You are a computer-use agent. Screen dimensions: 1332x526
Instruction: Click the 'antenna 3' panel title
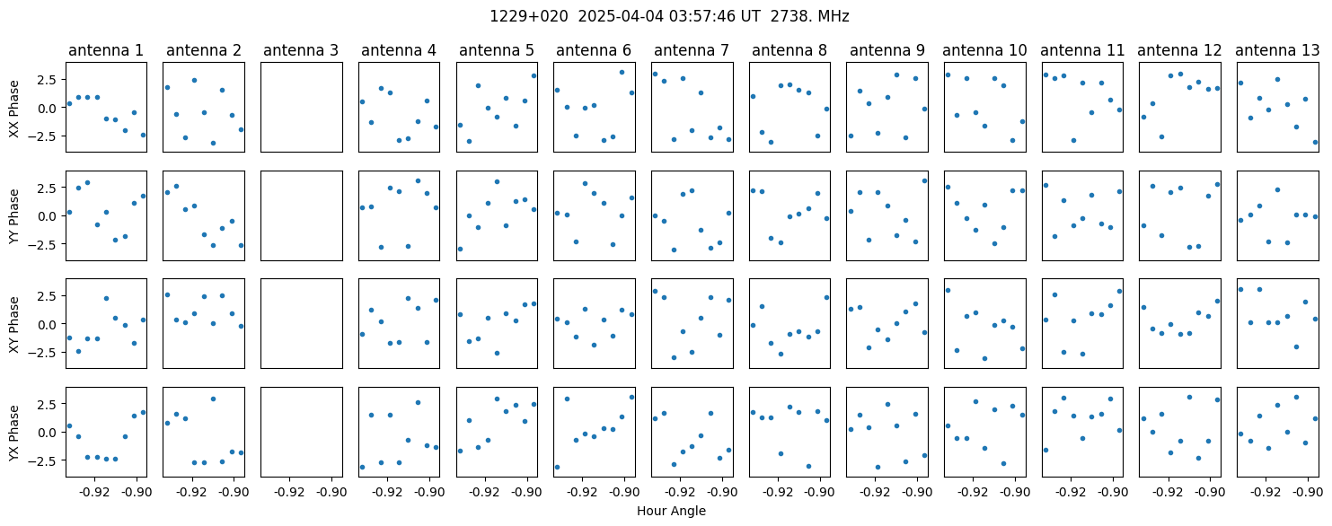pos(301,51)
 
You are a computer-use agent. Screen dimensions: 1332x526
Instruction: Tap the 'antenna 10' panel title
pos(984,51)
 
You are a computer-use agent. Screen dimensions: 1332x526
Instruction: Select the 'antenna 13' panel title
pos(1277,51)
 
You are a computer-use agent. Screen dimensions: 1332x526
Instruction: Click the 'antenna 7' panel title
pos(692,51)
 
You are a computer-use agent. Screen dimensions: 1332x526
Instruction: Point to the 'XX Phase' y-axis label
pos(14,109)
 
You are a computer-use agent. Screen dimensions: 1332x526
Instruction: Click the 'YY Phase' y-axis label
pos(14,216)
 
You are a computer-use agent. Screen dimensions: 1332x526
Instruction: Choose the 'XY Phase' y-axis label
pos(14,325)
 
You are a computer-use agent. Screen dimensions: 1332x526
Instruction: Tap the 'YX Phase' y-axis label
pos(14,433)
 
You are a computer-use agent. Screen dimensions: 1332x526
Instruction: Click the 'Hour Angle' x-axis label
pos(671,511)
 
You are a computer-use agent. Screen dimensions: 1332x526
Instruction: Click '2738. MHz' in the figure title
pos(810,17)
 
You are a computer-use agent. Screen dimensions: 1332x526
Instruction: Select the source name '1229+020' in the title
pos(529,17)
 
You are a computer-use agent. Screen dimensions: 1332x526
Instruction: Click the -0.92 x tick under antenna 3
pos(289,493)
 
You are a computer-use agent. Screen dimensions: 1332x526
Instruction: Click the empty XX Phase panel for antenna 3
pos(302,108)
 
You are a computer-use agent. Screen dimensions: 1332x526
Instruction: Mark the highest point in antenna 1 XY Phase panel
pos(107,298)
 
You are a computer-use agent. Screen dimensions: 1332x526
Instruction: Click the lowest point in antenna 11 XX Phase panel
pos(1073,140)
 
